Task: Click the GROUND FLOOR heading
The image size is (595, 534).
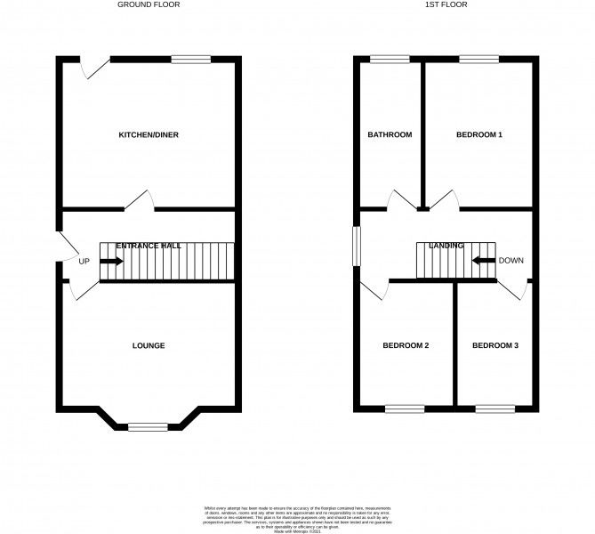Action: click(x=149, y=4)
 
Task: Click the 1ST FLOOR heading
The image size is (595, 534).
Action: click(x=446, y=4)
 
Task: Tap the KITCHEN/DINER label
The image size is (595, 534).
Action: click(x=149, y=135)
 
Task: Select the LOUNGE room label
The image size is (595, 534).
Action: click(x=149, y=345)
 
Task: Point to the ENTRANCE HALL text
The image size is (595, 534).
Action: click(x=149, y=245)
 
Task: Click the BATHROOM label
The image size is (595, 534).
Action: click(x=390, y=135)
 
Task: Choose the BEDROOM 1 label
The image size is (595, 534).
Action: click(x=479, y=135)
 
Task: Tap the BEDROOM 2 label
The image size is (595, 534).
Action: click(x=406, y=345)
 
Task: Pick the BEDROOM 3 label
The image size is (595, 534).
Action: click(x=495, y=345)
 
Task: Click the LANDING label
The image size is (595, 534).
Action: click(x=446, y=245)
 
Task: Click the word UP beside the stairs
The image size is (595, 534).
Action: click(x=84, y=262)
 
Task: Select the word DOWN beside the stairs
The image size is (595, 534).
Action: click(x=511, y=261)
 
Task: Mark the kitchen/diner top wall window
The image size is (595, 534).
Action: click(x=191, y=60)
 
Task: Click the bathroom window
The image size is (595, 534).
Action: click(x=390, y=60)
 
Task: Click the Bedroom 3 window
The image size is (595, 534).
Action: click(x=494, y=409)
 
